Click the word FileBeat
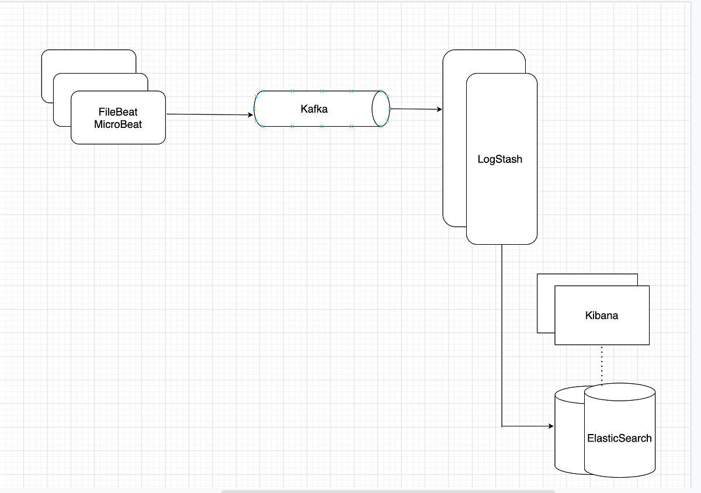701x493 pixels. [x=118, y=112]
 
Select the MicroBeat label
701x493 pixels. [x=118, y=124]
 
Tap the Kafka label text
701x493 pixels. [x=314, y=109]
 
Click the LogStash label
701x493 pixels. [x=500, y=159]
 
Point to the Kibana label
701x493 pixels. [x=602, y=315]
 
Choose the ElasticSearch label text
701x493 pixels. [x=619, y=438]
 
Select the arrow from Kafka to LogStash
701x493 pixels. [x=415, y=109]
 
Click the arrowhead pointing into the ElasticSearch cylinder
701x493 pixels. [x=550, y=426]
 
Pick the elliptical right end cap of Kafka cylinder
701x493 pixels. [x=381, y=109]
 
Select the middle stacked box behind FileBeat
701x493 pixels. [x=61, y=105]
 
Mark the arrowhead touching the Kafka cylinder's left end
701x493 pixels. [x=250, y=115]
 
